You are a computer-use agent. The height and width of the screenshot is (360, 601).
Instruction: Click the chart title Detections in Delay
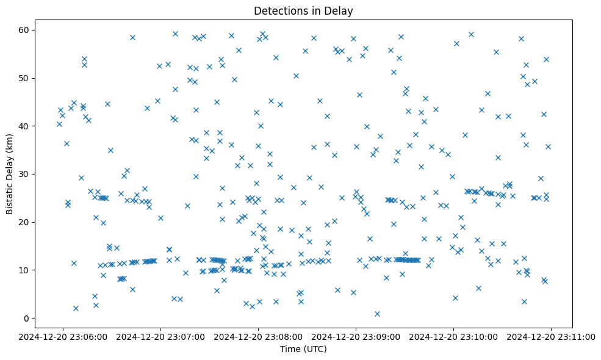pos(303,11)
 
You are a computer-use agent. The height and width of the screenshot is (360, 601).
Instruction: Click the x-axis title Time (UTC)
pos(303,349)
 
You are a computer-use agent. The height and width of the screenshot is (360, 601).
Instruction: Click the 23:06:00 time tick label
pos(63,336)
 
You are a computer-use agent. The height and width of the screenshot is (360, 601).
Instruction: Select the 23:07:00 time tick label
pos(161,336)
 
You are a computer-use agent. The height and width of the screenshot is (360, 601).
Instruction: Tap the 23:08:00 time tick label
pos(259,336)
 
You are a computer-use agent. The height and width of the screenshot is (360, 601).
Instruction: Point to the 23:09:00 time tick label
pos(356,336)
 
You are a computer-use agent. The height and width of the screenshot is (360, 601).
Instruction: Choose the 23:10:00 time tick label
pos(454,336)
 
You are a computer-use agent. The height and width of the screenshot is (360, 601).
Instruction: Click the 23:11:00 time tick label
pos(552,336)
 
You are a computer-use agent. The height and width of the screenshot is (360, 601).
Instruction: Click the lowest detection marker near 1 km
pos(377,314)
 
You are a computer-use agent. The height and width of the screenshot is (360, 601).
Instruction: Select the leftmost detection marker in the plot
pos(59,124)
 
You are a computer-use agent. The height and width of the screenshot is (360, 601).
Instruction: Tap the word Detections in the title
pos(278,11)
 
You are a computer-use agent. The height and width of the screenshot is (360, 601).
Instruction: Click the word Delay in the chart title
pos(340,11)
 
